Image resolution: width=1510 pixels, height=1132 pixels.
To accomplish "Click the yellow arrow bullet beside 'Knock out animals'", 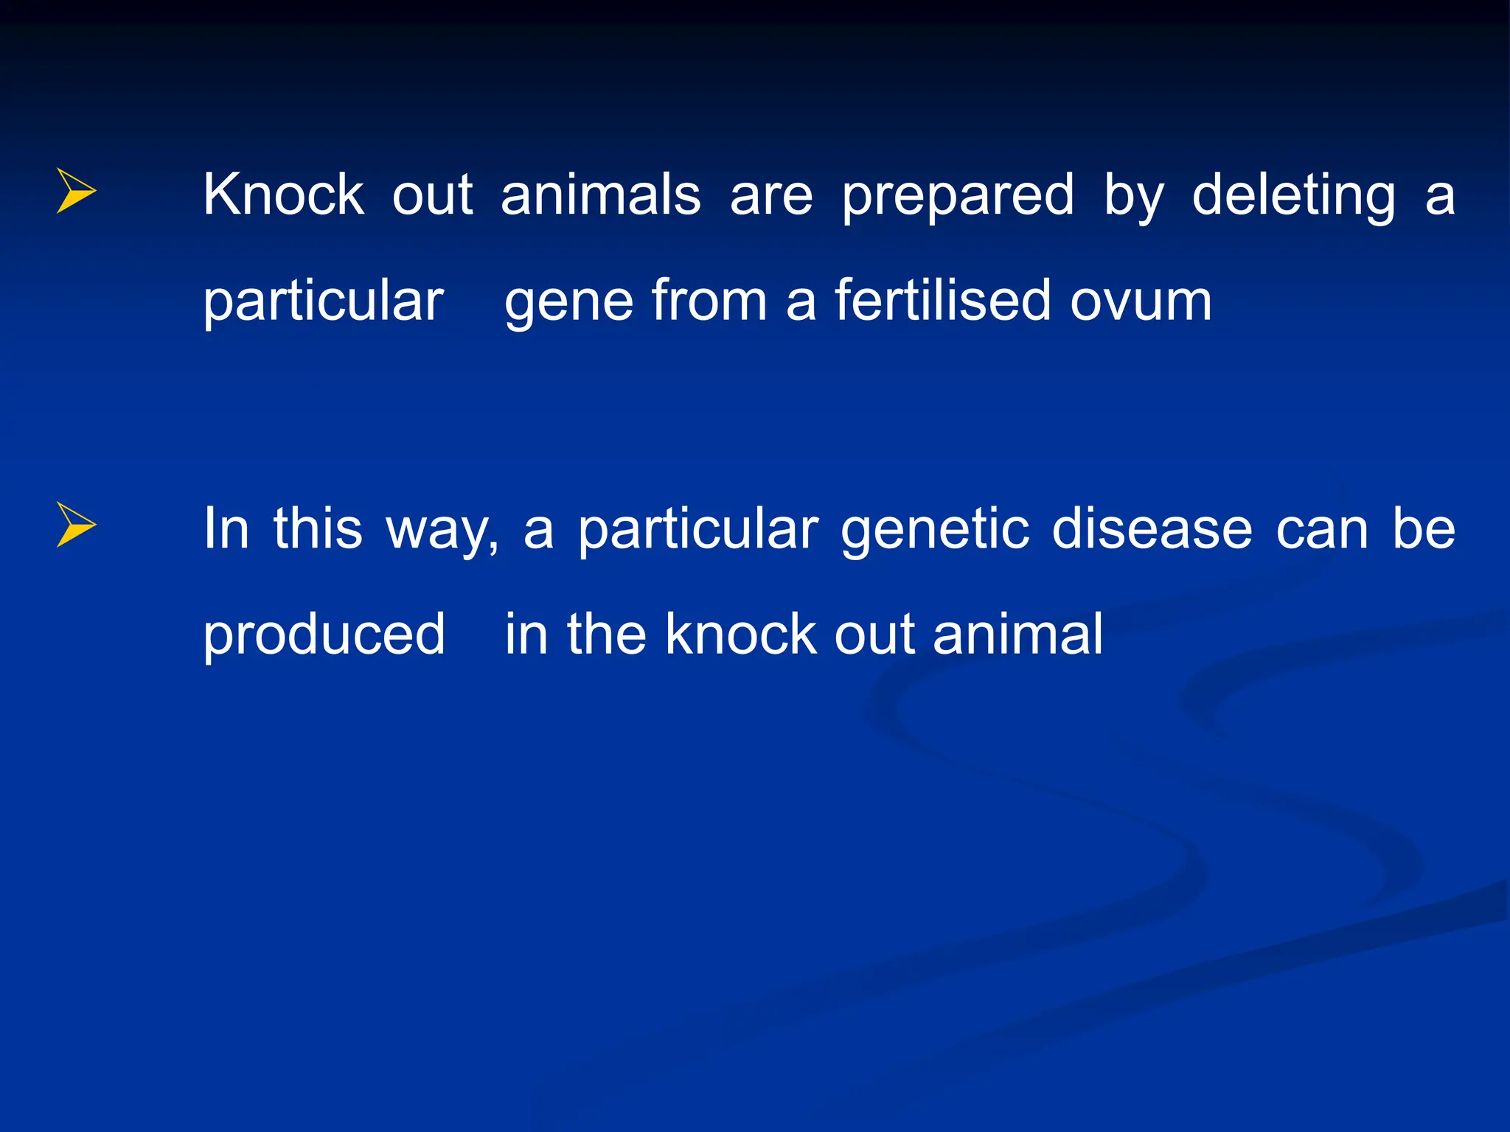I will [x=76, y=191].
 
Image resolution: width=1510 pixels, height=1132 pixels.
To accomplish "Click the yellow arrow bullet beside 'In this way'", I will [x=76, y=525].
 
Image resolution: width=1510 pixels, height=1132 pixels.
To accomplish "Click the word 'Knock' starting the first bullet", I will [x=283, y=195].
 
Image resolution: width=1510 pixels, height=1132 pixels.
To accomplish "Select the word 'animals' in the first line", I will [x=600, y=195].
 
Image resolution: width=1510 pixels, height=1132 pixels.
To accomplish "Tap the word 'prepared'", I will [x=958, y=196].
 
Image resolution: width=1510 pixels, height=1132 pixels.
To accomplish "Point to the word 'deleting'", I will [x=1293, y=196].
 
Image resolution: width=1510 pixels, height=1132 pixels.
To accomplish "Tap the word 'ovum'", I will [x=1141, y=302].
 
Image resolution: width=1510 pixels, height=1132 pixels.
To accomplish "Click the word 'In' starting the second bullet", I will [x=226, y=528].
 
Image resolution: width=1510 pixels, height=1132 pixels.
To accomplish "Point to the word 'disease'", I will [x=1152, y=528].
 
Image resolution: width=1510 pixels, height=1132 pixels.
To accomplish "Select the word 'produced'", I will [x=324, y=635].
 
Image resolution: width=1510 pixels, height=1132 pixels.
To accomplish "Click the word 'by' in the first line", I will [x=1134, y=196].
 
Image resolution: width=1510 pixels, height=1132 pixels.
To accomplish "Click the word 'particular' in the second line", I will [x=323, y=302].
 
